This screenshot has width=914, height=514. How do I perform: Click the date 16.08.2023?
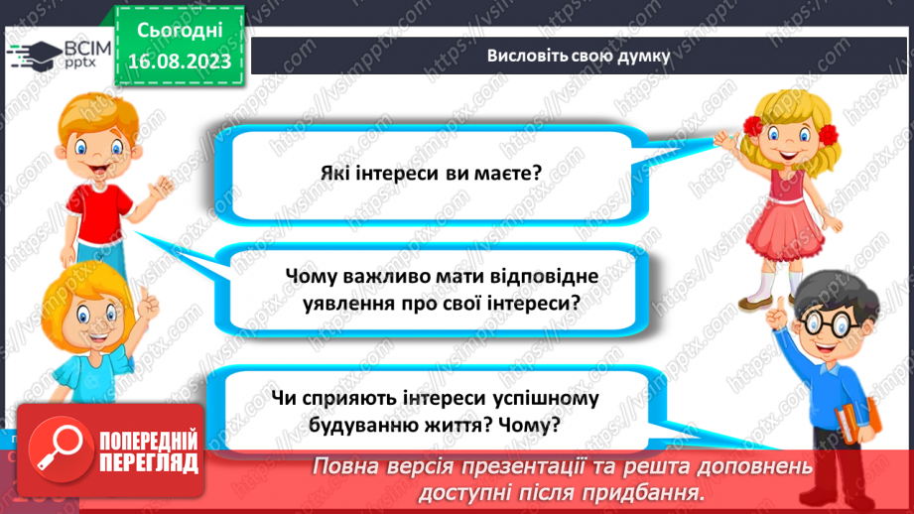point(180,62)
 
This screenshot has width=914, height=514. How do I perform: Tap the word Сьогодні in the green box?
point(180,31)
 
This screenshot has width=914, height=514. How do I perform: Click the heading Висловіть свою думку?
point(579,56)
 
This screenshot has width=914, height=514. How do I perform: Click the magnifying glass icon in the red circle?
point(60,449)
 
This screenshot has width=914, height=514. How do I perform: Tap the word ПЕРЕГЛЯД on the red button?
point(149,463)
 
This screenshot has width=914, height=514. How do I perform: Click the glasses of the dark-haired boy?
point(824,322)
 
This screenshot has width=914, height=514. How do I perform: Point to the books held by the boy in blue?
point(856,421)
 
